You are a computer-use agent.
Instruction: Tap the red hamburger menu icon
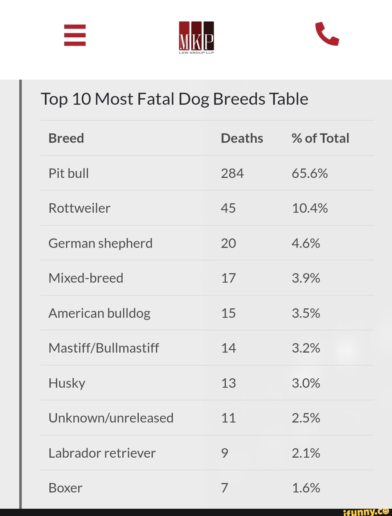point(75,35)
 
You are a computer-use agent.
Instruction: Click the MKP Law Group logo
point(196,37)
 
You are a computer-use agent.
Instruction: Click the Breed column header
point(66,138)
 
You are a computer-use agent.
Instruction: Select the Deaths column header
point(242,138)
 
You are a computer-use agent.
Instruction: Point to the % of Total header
point(320,138)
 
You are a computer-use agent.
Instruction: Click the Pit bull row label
point(69,173)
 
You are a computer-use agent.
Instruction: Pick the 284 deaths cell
point(232,173)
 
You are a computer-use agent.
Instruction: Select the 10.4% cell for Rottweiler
point(310,208)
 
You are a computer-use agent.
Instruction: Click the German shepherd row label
point(101,243)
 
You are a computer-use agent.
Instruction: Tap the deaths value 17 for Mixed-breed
point(228,278)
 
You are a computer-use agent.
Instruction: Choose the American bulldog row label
point(99,313)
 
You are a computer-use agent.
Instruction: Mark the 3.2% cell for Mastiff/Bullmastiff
point(306,348)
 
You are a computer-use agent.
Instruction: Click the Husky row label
point(67,383)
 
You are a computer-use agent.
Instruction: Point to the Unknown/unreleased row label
point(111,418)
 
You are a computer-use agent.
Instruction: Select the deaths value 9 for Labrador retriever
point(225,453)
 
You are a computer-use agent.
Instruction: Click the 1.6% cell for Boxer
point(306,488)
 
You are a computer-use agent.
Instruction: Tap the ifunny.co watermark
point(366,511)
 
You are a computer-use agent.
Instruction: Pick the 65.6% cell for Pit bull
point(310,173)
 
